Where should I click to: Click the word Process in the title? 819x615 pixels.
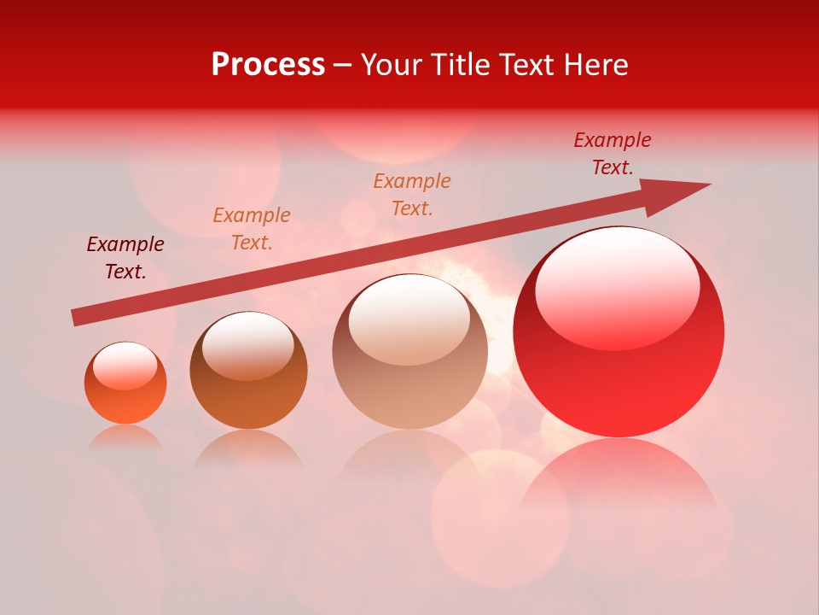pyautogui.click(x=268, y=65)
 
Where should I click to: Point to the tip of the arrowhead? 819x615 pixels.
pyautogui.click(x=710, y=184)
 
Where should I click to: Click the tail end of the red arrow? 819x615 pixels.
pyautogui.click(x=73, y=318)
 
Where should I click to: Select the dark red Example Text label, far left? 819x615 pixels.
pyautogui.click(x=125, y=258)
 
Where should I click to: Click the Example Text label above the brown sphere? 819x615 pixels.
pyautogui.click(x=252, y=229)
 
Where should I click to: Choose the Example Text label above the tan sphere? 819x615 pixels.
pyautogui.click(x=412, y=194)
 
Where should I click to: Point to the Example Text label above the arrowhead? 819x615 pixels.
pyautogui.click(x=613, y=153)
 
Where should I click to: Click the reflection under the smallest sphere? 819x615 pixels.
pyautogui.click(x=125, y=437)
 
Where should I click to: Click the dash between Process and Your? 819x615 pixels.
pyautogui.click(x=343, y=65)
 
